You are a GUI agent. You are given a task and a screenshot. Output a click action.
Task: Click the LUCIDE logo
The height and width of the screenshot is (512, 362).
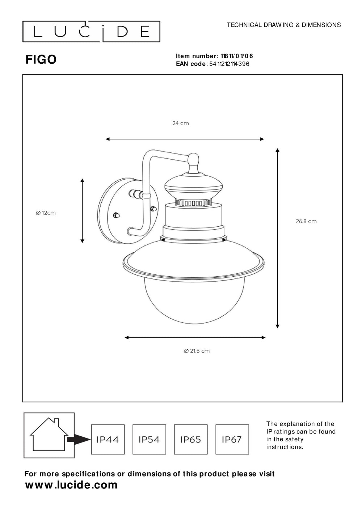(91, 32)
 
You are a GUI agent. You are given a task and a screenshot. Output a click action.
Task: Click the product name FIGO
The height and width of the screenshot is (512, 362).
(41, 60)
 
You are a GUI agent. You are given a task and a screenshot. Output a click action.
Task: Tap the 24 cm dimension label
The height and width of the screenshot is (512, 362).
(180, 123)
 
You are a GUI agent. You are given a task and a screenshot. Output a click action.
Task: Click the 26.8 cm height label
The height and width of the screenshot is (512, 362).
(306, 221)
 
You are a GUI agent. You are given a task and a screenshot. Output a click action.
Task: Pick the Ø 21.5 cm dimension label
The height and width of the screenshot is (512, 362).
(197, 351)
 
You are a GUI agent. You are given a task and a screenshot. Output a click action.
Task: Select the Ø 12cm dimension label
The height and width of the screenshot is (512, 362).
(46, 213)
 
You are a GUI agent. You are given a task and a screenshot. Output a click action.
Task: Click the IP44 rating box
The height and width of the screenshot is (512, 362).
(108, 440)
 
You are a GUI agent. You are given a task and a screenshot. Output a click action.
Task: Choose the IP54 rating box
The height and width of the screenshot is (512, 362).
(149, 440)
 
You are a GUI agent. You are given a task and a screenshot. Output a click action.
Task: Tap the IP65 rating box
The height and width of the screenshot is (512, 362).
(191, 440)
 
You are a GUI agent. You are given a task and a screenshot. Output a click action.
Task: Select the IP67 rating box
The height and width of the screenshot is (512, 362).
(232, 440)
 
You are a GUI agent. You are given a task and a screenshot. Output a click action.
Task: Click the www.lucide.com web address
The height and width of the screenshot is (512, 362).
(71, 485)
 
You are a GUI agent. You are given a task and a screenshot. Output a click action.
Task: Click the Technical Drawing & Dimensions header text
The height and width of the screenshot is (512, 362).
(283, 25)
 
